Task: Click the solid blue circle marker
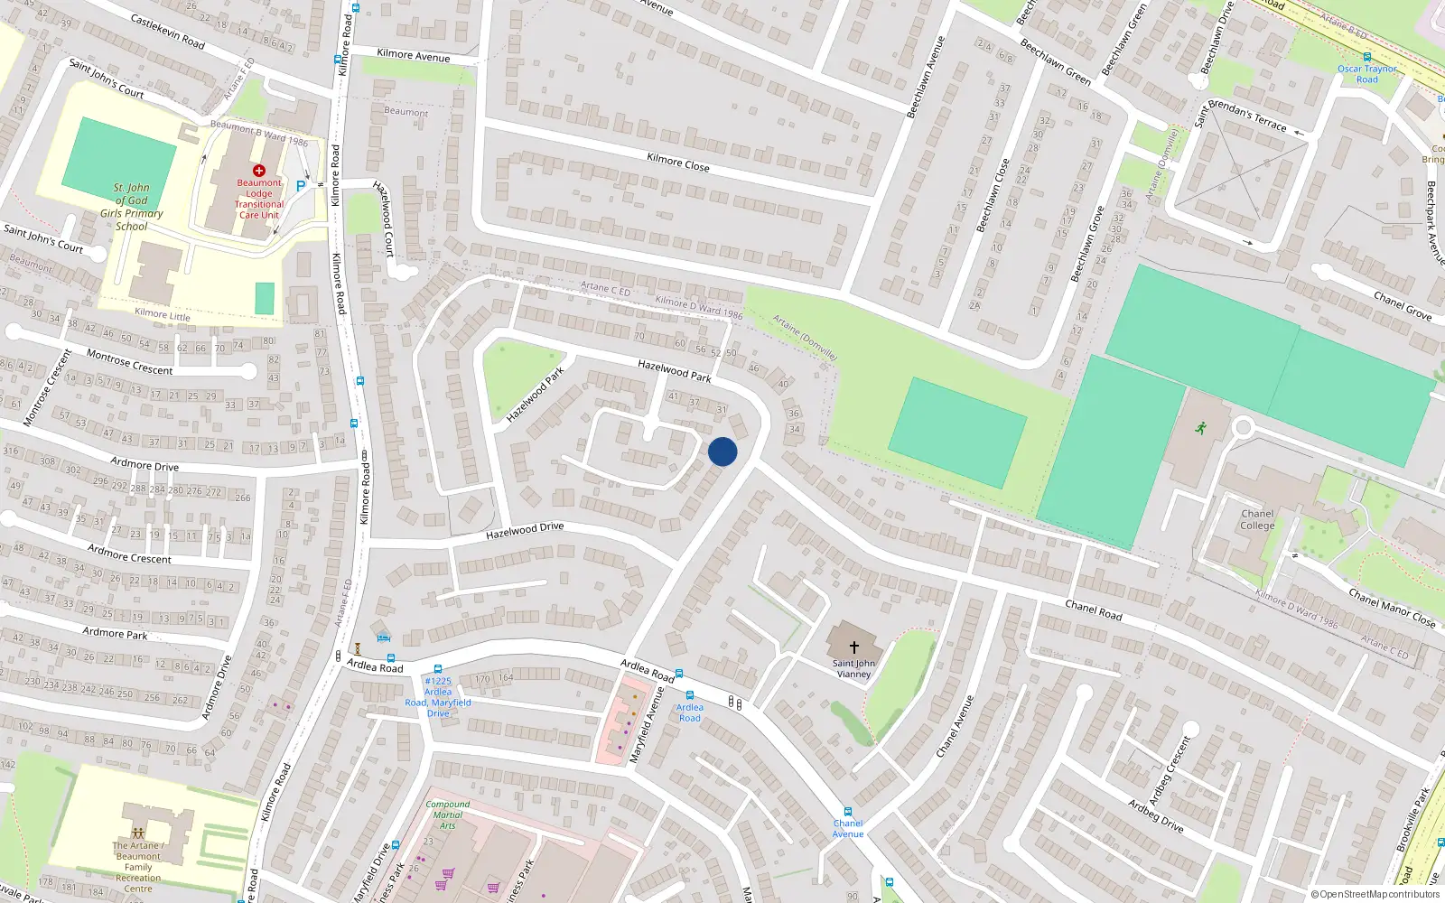click(722, 451)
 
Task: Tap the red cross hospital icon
click(259, 171)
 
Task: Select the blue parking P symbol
click(301, 186)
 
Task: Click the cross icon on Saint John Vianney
click(853, 647)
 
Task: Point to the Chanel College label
click(1257, 519)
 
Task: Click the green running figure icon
click(1201, 428)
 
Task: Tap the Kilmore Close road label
click(678, 163)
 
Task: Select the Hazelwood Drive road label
click(525, 530)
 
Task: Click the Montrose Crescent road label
click(130, 363)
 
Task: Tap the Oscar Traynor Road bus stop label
click(1367, 74)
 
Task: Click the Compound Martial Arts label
click(448, 815)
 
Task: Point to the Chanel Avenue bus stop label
click(848, 829)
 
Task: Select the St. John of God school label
click(132, 207)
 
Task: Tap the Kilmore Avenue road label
click(414, 56)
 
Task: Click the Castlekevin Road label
click(168, 32)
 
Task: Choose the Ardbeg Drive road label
click(1156, 816)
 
